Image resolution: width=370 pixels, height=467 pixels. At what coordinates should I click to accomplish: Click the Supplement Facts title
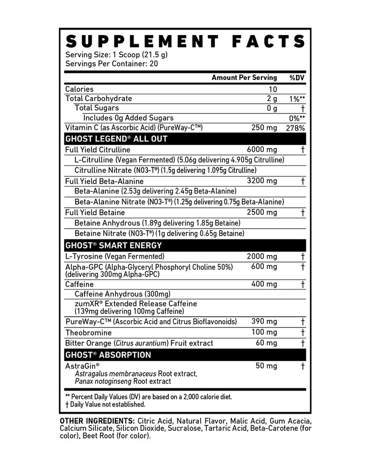[185, 41]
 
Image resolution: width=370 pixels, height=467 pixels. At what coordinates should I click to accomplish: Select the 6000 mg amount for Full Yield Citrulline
[261, 150]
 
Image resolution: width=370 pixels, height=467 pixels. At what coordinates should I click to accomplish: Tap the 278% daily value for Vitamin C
[295, 128]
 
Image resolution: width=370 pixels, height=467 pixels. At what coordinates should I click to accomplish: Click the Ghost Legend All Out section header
[116, 139]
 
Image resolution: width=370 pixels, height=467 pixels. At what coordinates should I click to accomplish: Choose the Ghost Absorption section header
[108, 355]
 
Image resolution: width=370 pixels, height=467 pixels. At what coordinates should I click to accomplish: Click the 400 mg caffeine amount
[264, 284]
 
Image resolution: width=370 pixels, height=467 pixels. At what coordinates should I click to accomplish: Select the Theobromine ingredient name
[88, 332]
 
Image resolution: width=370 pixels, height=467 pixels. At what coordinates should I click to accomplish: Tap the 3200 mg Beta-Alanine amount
[261, 181]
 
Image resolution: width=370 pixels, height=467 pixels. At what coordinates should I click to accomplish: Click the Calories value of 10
[272, 89]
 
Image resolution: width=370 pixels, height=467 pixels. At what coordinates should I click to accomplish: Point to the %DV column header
[297, 78]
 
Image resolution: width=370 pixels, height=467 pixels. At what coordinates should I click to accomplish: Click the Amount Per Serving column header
[244, 78]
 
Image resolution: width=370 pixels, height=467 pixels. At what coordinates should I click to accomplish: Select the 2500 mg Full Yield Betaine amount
[261, 213]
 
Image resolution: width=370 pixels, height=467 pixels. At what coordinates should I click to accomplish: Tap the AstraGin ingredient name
[83, 366]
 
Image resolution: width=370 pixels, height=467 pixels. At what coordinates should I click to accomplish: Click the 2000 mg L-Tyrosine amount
[261, 257]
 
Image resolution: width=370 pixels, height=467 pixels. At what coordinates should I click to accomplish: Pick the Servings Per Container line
[111, 64]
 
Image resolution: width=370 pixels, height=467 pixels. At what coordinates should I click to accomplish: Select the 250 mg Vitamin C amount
[264, 128]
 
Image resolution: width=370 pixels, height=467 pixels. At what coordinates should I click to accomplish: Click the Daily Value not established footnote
[105, 404]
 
